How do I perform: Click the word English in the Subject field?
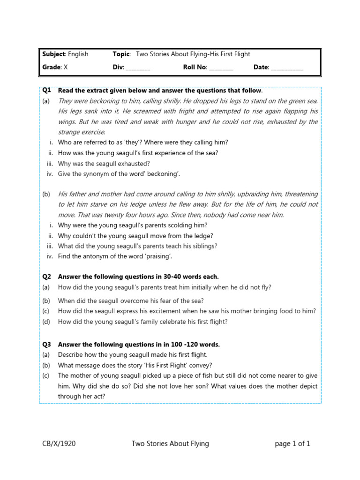tap(78, 54)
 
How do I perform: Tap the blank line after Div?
tap(138, 67)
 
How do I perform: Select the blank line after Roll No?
tap(221, 67)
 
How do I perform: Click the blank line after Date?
tap(287, 67)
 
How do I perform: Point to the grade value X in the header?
tap(66, 67)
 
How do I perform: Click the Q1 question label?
tap(46, 90)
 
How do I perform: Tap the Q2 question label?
tap(46, 277)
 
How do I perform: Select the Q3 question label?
tap(46, 345)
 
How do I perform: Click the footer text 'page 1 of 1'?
tap(292, 443)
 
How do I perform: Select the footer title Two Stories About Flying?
tap(170, 443)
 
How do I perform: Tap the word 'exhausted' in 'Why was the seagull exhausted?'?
tap(132, 164)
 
